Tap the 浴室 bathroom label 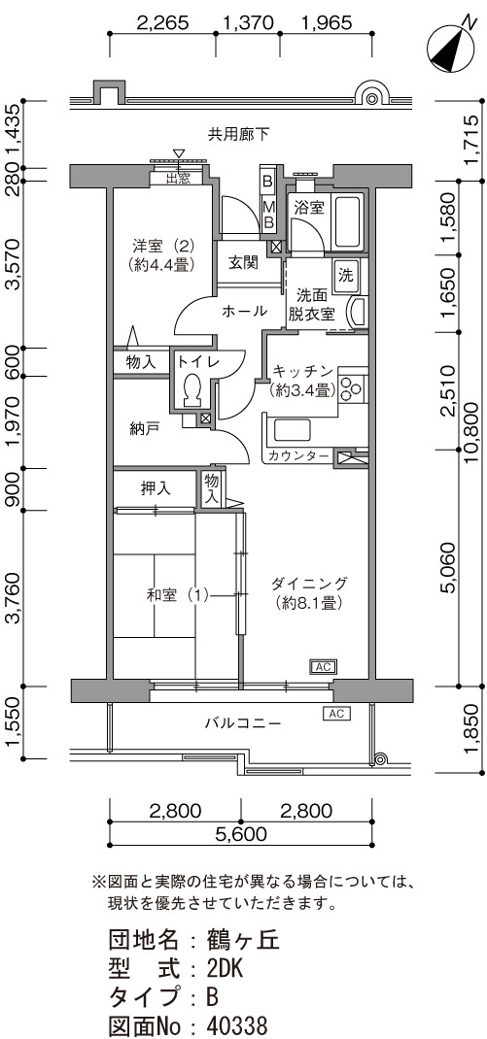click(309, 208)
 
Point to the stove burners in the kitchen click(350, 389)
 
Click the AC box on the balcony click(335, 714)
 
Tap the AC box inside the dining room click(323, 666)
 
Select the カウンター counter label click(298, 456)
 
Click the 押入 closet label click(156, 489)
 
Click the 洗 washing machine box click(347, 273)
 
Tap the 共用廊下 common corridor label click(239, 135)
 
